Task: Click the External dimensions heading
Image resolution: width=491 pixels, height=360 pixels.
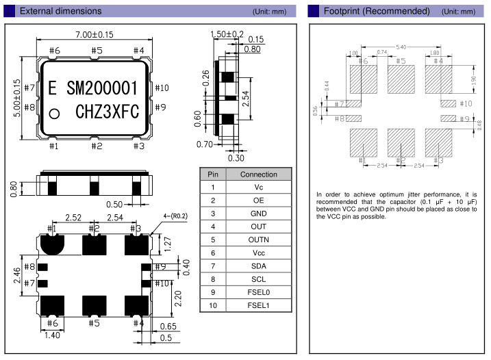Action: (60, 11)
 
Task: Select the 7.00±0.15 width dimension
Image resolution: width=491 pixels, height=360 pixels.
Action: (95, 35)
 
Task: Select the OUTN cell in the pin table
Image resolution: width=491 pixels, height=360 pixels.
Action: (258, 240)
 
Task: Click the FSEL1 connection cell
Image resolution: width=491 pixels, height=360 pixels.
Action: (258, 305)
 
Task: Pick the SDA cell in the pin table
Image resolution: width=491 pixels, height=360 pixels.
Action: (258, 266)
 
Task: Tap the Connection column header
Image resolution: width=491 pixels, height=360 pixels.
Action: (258, 175)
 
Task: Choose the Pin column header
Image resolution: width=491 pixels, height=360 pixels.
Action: (213, 175)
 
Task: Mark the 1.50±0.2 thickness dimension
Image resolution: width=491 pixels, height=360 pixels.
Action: (227, 34)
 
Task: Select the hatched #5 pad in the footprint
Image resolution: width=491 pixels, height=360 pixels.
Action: (401, 79)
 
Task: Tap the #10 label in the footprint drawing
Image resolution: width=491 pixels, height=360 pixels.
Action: (465, 103)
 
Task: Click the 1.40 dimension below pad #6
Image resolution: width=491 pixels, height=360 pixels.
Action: (52, 335)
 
